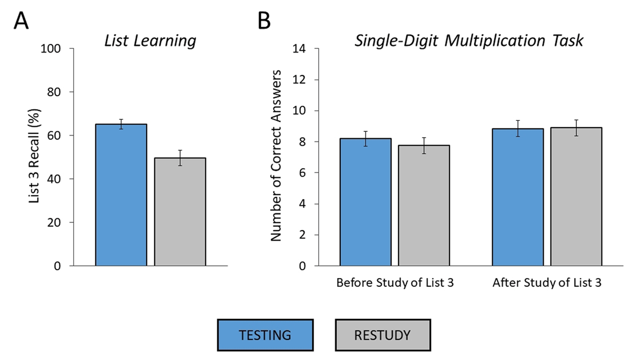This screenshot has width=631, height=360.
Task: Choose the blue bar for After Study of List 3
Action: click(x=518, y=197)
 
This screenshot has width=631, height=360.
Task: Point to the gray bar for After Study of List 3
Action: click(x=576, y=197)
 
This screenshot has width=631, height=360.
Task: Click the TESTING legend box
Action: click(x=266, y=334)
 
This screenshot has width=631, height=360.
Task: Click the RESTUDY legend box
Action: click(x=383, y=334)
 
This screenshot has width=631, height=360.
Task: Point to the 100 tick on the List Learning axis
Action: click(x=54, y=49)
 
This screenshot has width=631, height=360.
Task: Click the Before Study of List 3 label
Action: click(x=395, y=283)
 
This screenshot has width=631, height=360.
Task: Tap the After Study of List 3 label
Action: click(x=547, y=283)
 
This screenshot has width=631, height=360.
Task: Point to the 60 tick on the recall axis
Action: click(x=57, y=136)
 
